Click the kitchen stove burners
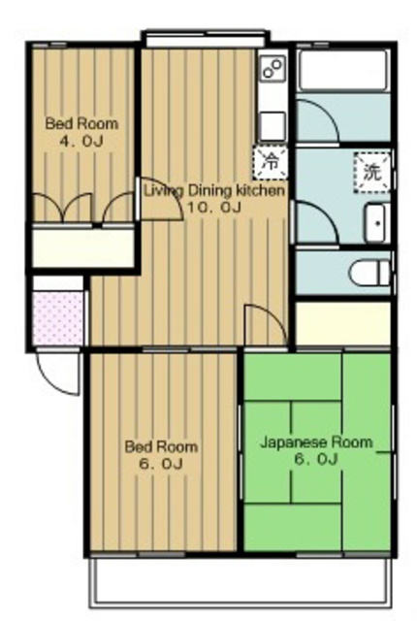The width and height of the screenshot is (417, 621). pyautogui.click(x=273, y=69)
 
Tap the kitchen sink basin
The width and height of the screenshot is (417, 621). pyautogui.click(x=273, y=125)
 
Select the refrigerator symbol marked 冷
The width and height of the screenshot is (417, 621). pyautogui.click(x=271, y=162)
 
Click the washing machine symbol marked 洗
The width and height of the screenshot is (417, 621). pyautogui.click(x=372, y=172)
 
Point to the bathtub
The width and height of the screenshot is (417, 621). pyautogui.click(x=343, y=71)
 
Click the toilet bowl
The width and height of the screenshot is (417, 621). pyautogui.click(x=369, y=273)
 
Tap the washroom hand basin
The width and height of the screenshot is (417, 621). pyautogui.click(x=376, y=222)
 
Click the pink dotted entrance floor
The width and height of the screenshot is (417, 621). pyautogui.click(x=58, y=318)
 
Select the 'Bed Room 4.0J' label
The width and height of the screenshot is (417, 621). pyautogui.click(x=81, y=132)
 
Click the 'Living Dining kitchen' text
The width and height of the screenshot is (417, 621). pyautogui.click(x=214, y=190)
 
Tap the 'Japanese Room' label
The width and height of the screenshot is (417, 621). pyautogui.click(x=316, y=441)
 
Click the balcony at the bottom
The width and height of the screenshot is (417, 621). pyautogui.click(x=242, y=580)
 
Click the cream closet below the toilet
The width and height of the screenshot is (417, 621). pyautogui.click(x=343, y=323)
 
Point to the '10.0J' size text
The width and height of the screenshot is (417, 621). pyautogui.click(x=213, y=207)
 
